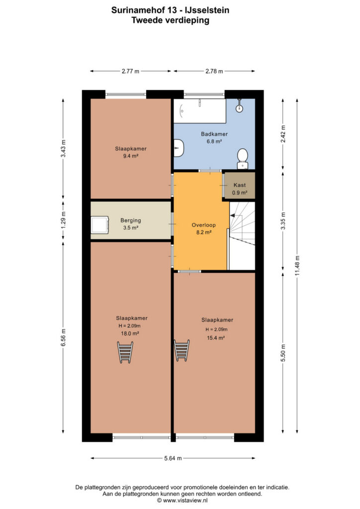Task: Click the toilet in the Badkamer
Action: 242,159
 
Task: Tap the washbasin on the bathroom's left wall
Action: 179,148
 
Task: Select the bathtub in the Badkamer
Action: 199,111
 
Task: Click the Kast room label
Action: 240,185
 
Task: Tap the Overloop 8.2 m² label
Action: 203,229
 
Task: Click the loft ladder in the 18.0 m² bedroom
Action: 125,352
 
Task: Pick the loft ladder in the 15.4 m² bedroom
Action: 181,350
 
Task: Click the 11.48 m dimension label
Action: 297,266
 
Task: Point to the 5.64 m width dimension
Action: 173,458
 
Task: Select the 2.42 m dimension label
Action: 283,134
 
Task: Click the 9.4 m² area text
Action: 131,156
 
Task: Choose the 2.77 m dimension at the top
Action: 130,71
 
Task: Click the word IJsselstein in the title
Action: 207,10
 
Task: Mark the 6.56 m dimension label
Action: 63,338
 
